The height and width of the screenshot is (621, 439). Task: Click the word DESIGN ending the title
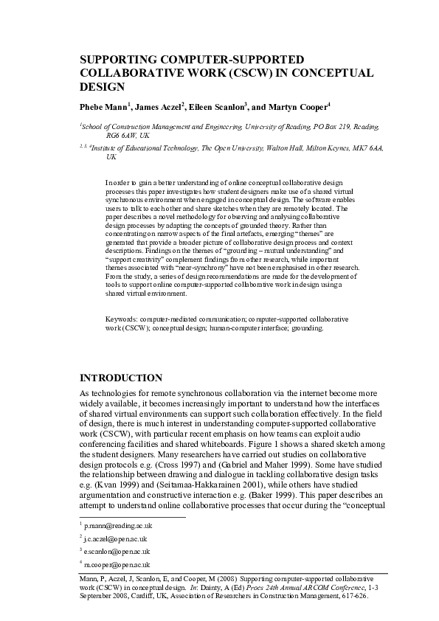point(99,86)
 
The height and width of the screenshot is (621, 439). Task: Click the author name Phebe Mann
point(103,107)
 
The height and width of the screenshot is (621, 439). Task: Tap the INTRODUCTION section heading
point(121,378)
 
